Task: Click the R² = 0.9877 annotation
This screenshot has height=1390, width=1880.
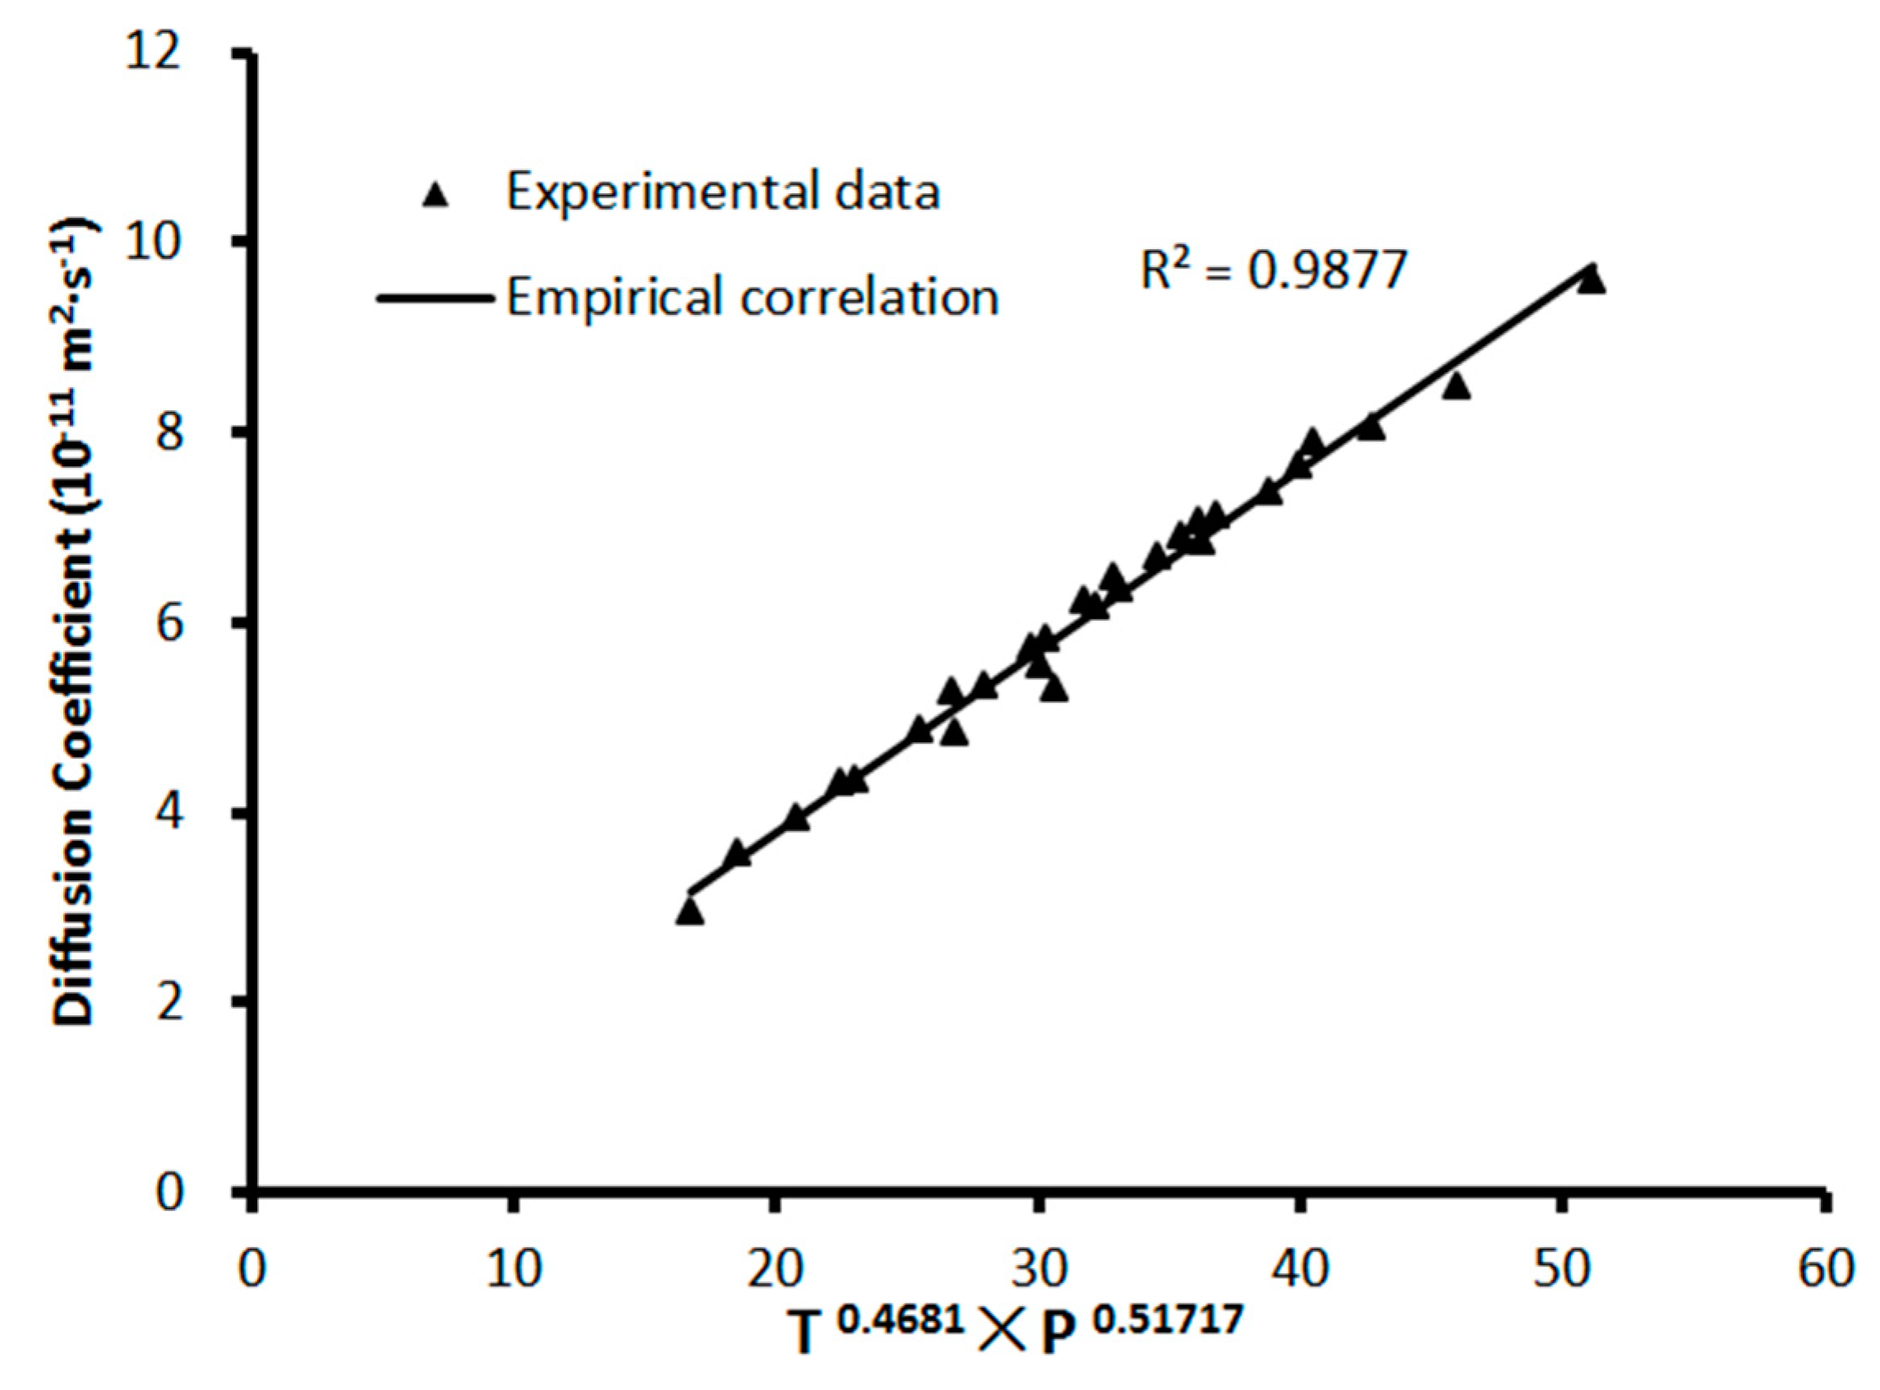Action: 1273,272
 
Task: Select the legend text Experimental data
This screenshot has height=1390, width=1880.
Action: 721,192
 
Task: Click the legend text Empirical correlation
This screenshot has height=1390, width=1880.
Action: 751,297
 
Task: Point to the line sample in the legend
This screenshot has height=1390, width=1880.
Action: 435,298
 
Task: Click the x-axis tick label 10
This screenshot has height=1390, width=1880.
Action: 514,1269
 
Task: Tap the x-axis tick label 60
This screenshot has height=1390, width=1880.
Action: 1824,1269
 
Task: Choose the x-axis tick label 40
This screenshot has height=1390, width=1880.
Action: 1301,1269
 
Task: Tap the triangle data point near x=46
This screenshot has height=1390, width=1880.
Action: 1456,386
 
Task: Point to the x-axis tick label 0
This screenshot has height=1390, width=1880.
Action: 251,1269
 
